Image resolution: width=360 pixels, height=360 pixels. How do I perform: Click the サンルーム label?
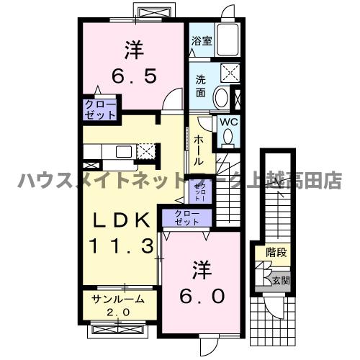(118, 299)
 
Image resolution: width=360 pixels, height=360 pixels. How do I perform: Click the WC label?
(228, 122)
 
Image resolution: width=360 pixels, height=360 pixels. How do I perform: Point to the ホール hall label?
(198, 149)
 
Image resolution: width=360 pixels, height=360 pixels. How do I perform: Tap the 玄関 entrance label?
(281, 280)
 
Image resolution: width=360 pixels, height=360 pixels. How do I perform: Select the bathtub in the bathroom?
(230, 41)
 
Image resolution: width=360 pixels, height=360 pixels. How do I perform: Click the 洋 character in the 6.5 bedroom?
(134, 50)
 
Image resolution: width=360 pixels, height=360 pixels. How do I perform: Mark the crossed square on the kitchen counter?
(146, 151)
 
